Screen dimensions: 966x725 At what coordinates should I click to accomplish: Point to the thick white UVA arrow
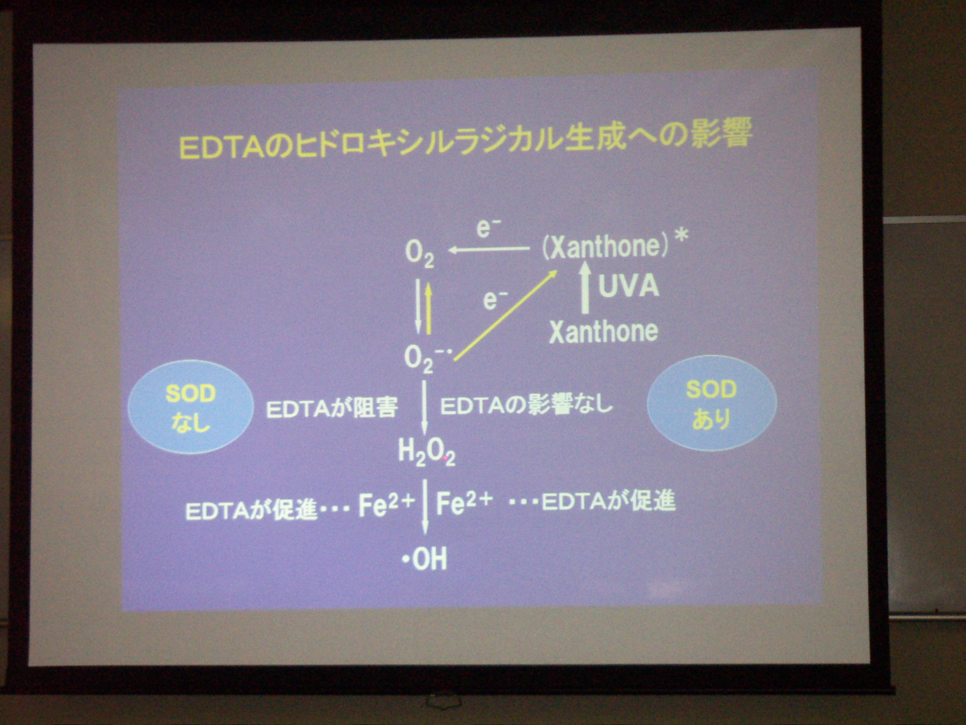click(585, 287)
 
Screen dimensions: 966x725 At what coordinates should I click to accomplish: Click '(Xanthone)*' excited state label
click(613, 246)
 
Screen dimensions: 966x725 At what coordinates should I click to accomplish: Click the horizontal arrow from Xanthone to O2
click(488, 250)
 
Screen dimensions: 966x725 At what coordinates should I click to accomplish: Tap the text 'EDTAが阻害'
click(332, 408)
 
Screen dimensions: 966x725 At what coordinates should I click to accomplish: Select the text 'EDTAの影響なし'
click(526, 405)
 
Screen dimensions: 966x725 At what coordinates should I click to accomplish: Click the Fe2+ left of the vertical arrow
click(386, 505)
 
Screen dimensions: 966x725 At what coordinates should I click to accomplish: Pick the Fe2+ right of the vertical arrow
click(464, 504)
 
